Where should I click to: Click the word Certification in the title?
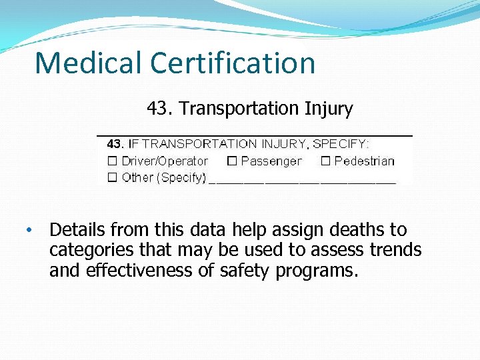click(x=233, y=63)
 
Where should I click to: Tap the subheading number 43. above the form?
click(x=159, y=108)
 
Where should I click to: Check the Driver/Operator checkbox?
click(x=113, y=161)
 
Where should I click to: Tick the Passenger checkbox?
click(x=232, y=161)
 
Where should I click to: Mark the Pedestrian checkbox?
click(x=325, y=161)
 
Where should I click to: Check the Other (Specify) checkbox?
click(x=113, y=178)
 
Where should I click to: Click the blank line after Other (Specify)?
click(x=303, y=179)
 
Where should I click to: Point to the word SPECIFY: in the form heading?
click(x=341, y=143)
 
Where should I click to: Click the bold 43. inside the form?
click(x=115, y=143)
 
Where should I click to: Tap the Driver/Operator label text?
click(x=165, y=161)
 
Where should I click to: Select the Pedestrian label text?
click(x=364, y=161)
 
